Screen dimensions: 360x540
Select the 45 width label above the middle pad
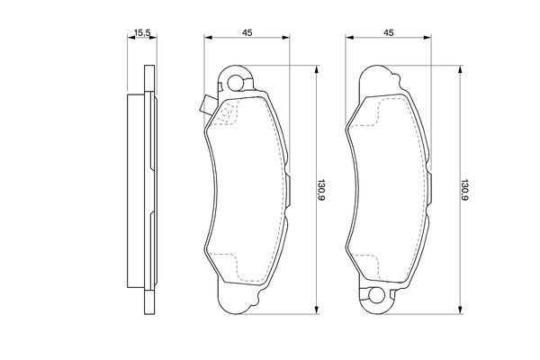click(x=246, y=33)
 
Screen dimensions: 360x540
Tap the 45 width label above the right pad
click(x=389, y=33)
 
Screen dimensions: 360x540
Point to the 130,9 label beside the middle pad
click(x=322, y=189)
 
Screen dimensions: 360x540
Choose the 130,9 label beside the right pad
click(x=464, y=189)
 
